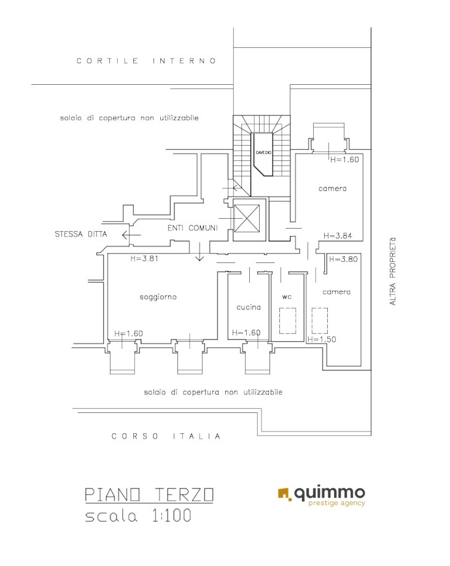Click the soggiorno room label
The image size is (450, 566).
click(x=158, y=297)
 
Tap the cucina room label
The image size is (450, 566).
click(x=249, y=307)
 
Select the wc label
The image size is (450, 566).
click(x=287, y=297)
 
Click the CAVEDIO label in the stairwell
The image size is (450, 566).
click(x=263, y=152)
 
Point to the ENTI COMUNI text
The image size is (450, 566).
click(x=193, y=228)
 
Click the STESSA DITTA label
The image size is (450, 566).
click(x=81, y=234)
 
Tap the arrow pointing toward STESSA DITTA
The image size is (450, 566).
click(x=131, y=235)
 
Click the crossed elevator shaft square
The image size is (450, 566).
click(x=247, y=218)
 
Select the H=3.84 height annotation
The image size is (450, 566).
click(x=338, y=236)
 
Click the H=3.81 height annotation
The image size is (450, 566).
click(x=144, y=259)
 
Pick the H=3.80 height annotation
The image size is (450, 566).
click(x=343, y=259)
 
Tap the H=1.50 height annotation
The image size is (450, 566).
click(x=322, y=339)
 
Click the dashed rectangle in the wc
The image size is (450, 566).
click(x=288, y=321)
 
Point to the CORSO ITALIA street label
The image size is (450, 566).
click(x=166, y=436)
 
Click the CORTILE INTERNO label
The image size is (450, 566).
click(x=146, y=61)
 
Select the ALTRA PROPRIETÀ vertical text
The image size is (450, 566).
click(x=392, y=271)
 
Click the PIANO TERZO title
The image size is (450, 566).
click(x=149, y=495)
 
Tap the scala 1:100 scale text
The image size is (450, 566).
click(x=138, y=516)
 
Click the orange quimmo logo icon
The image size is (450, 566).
click(x=284, y=494)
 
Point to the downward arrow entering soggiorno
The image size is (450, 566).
click(x=200, y=251)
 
